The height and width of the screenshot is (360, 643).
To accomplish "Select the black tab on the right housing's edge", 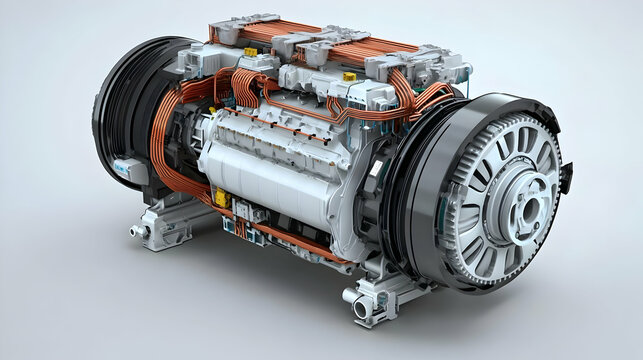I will [566, 178].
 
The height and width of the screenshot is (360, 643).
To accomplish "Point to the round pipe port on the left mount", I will [137, 231].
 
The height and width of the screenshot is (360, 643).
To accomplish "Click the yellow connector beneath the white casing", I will [219, 197].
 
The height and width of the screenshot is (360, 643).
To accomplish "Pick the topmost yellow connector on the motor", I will [348, 76].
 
